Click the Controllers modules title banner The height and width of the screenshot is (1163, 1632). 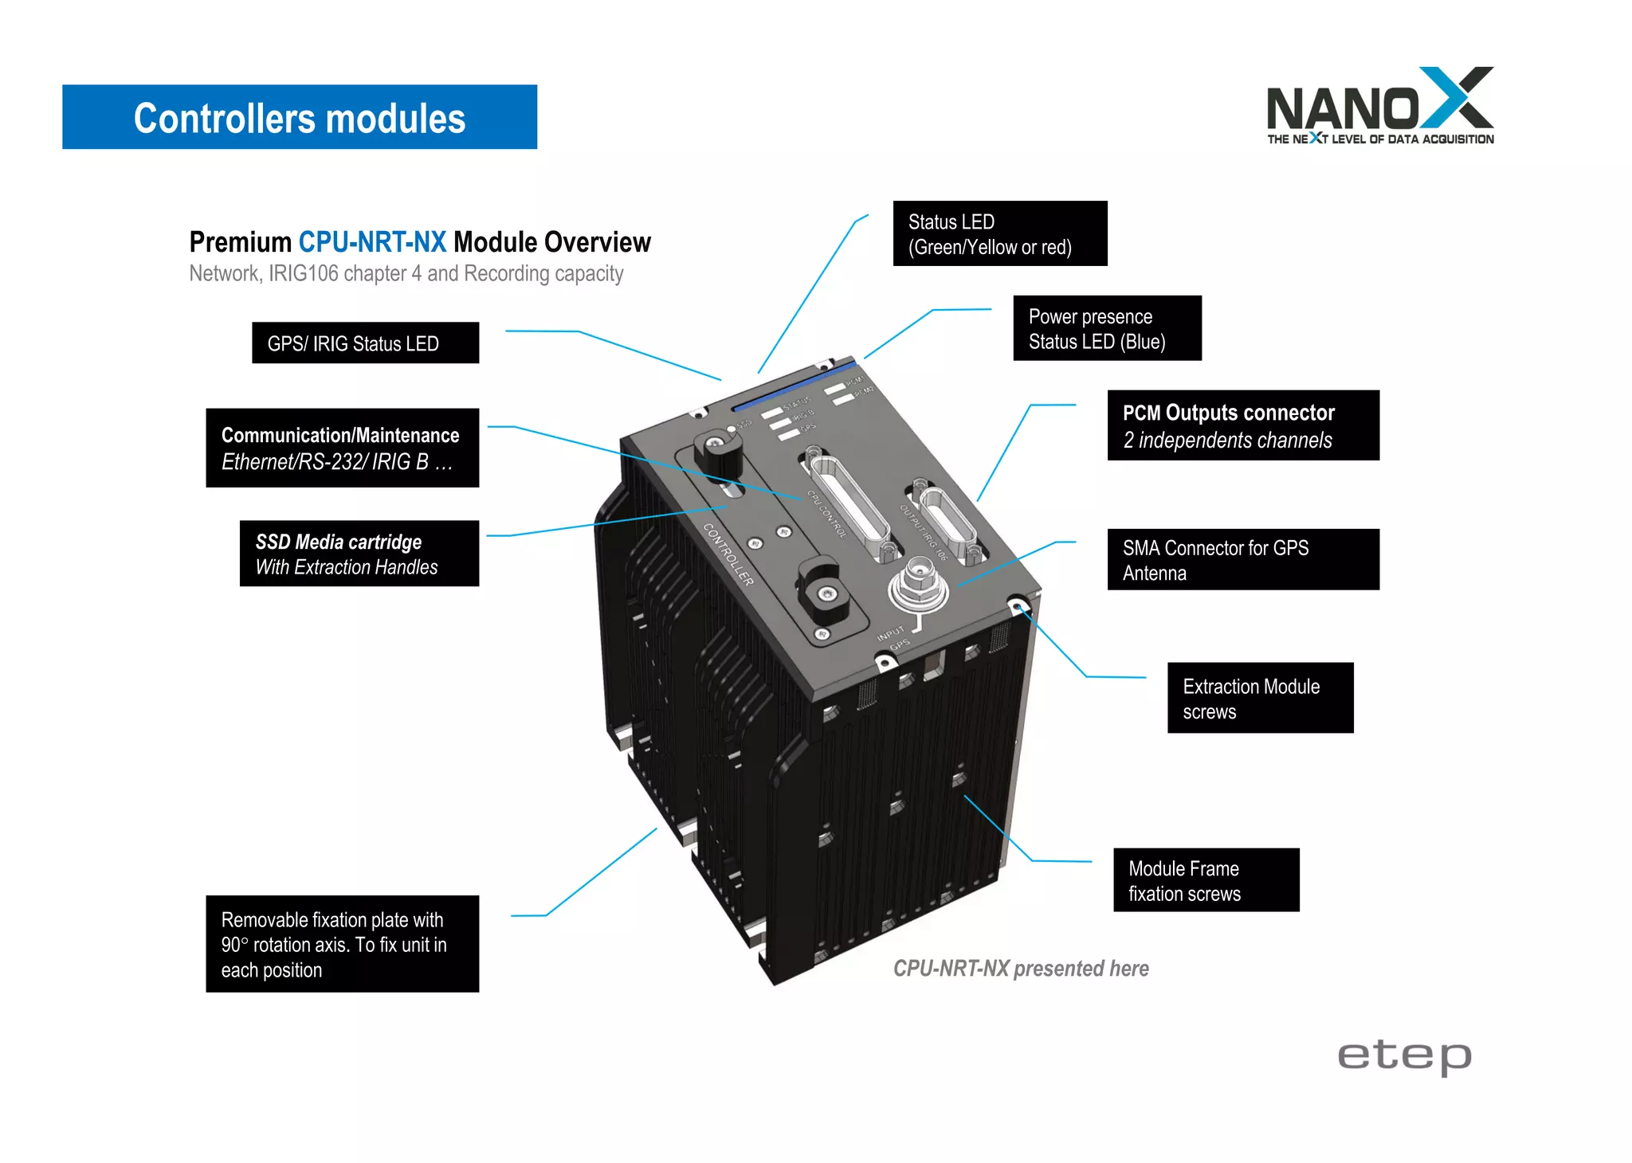click(299, 117)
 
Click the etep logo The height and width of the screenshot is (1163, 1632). click(1404, 1056)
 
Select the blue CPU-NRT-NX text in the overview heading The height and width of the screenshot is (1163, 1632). click(372, 241)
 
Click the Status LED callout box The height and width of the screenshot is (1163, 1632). click(999, 233)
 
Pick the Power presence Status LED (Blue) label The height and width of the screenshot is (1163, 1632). click(1106, 328)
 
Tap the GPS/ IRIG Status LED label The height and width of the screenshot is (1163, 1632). click(365, 343)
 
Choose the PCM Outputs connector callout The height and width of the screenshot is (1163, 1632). click(1242, 425)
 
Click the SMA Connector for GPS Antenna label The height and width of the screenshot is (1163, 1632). click(1242, 559)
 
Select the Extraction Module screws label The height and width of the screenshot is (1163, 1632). click(1259, 698)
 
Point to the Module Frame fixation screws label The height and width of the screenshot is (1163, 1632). click(1205, 880)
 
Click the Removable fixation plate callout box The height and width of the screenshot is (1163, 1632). click(342, 944)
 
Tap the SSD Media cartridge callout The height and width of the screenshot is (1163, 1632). click(359, 554)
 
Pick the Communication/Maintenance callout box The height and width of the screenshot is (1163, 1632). click(342, 448)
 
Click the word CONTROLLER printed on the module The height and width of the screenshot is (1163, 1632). click(728, 554)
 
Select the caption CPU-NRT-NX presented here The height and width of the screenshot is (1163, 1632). click(1020, 969)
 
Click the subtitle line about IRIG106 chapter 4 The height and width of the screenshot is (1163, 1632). click(406, 273)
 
